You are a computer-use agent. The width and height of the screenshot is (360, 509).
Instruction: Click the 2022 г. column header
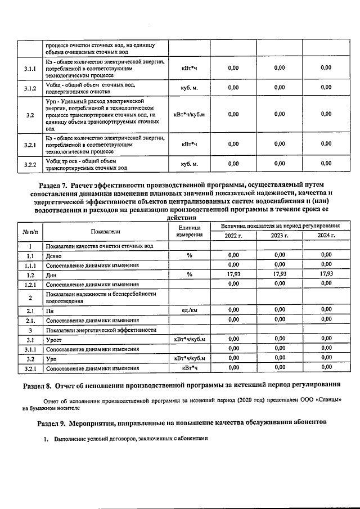233,236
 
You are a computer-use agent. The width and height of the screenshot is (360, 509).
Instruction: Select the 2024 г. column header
326,236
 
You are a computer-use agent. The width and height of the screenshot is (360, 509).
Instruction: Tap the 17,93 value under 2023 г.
280,274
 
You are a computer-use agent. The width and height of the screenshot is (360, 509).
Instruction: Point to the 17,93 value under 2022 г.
233,274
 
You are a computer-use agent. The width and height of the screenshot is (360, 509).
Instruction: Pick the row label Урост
55,340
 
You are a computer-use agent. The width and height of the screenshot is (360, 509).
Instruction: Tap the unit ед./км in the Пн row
189,310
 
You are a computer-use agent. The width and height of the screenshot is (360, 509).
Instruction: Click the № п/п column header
30,231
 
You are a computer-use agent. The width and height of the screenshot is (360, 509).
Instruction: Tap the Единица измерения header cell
189,231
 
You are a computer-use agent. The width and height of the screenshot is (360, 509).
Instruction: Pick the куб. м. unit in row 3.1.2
189,88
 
